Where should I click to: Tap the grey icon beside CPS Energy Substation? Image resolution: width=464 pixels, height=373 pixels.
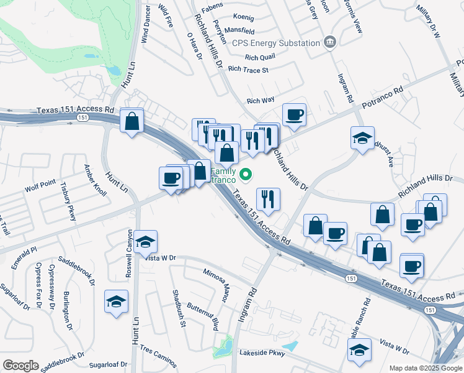[x=330, y=42]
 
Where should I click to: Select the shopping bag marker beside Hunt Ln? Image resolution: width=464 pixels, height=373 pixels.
[x=132, y=122]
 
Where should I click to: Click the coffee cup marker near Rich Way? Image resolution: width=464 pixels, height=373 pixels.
[x=294, y=116]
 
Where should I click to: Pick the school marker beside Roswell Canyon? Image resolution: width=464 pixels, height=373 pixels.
[x=145, y=243]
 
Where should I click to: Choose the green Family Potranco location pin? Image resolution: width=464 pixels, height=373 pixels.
[x=246, y=175]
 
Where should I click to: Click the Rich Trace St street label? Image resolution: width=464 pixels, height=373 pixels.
[x=248, y=70]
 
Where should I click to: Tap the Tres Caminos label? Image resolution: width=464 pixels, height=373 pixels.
[x=158, y=356]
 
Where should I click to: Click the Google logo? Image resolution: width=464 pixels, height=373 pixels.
[x=20, y=366]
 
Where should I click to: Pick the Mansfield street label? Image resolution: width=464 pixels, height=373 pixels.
[x=240, y=30]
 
